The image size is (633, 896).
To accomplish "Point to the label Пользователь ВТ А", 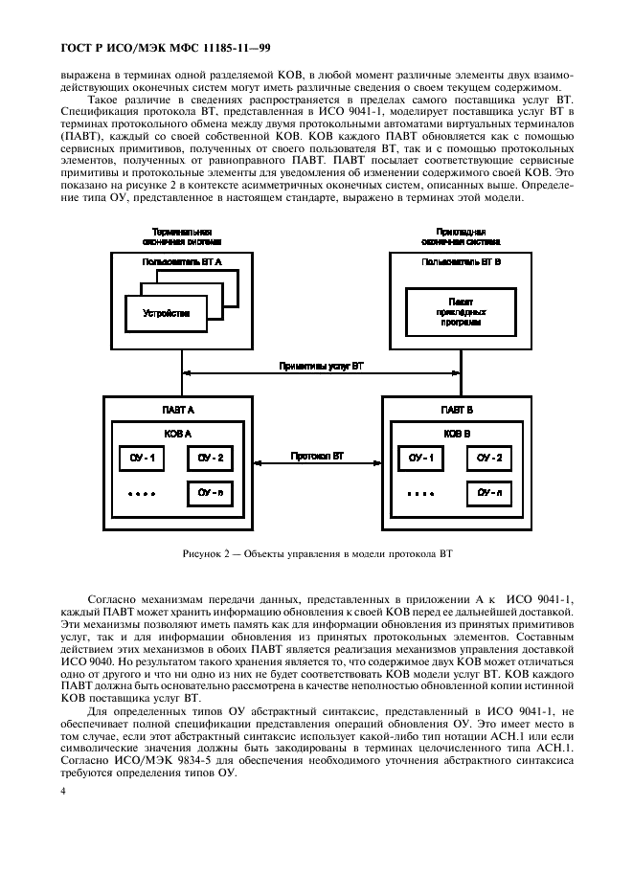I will tap(182, 260).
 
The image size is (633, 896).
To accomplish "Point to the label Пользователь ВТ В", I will tap(461, 260).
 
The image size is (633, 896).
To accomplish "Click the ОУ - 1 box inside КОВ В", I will tap(421, 459).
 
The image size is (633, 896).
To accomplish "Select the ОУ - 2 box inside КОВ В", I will tap(490, 459).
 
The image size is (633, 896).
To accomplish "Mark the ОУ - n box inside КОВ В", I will tap(490, 493).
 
